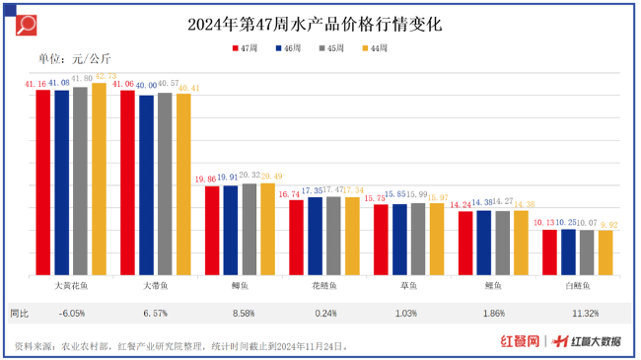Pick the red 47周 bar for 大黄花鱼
pyautogui.click(x=42, y=182)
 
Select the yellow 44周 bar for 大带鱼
pyautogui.click(x=183, y=184)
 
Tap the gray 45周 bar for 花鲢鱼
pyautogui.click(x=333, y=236)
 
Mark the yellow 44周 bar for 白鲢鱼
pyautogui.click(x=605, y=252)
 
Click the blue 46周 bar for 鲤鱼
pyautogui.click(x=483, y=243)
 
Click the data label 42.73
pyautogui.click(x=100, y=77)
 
